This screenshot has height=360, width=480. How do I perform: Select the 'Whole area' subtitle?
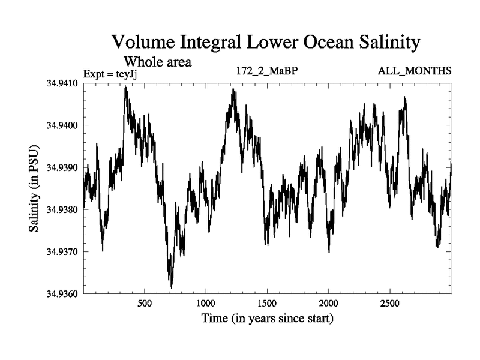coord(157,61)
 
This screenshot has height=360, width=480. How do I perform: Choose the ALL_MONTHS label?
coord(415,71)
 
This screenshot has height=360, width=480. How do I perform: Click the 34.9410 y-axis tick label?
coord(62,83)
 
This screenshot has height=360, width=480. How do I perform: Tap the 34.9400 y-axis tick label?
coord(62,125)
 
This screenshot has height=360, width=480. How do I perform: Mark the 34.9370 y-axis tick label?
coord(62,252)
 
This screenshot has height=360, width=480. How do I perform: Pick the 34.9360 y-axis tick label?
coord(62,294)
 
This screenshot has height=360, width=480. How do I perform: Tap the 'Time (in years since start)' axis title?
coord(267,318)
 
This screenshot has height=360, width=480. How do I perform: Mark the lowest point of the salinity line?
coord(172,287)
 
